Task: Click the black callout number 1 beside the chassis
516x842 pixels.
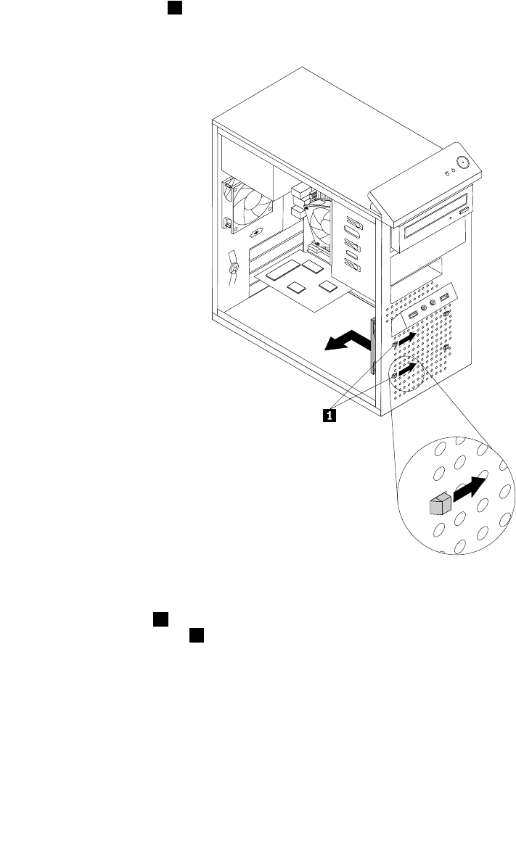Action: pos(329,416)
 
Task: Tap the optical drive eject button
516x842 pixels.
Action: pos(463,210)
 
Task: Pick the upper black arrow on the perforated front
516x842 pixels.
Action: pos(407,338)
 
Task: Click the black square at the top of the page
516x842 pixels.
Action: pos(173,7)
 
